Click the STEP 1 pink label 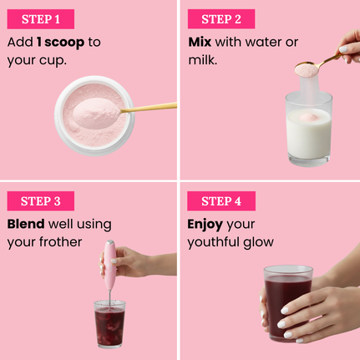tap(41, 19)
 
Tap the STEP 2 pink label tap(221, 19)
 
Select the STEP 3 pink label tap(41, 200)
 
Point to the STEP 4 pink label tap(221, 200)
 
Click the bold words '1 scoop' tap(61, 42)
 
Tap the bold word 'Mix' tap(200, 42)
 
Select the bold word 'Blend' tap(26, 224)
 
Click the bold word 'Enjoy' tap(205, 225)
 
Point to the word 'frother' tap(60, 241)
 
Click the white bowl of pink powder tap(94, 115)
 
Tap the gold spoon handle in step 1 tap(149, 108)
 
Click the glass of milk tap(309, 129)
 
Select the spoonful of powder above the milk tap(306, 69)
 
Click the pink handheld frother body tap(110, 265)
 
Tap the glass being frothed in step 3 tap(109, 324)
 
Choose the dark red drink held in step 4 tap(287, 303)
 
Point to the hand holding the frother tap(134, 262)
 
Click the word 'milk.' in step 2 tap(203, 60)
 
